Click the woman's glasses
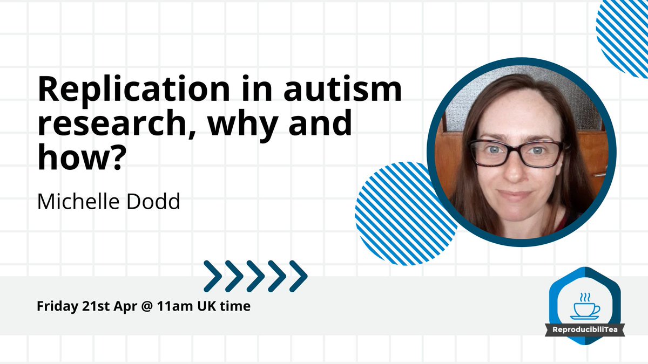click(516, 153)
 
